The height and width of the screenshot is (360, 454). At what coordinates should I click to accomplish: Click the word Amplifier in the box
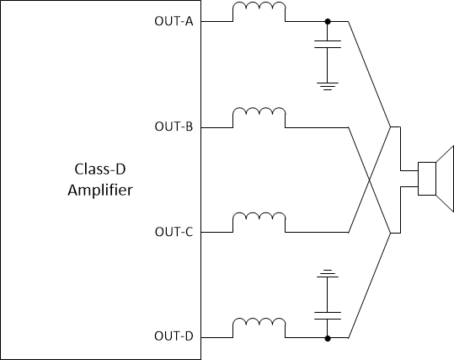[x=99, y=190]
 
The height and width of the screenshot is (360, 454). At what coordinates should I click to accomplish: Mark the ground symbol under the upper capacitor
[x=327, y=84]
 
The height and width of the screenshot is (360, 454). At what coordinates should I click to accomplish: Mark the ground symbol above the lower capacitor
[x=327, y=274]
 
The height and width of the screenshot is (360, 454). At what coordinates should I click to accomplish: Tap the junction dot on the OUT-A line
[x=327, y=22]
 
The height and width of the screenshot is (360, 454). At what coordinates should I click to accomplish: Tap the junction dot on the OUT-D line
[x=327, y=337]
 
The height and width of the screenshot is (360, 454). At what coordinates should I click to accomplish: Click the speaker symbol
[x=434, y=179]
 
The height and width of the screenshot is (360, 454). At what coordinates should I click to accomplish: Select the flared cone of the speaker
[x=442, y=179]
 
